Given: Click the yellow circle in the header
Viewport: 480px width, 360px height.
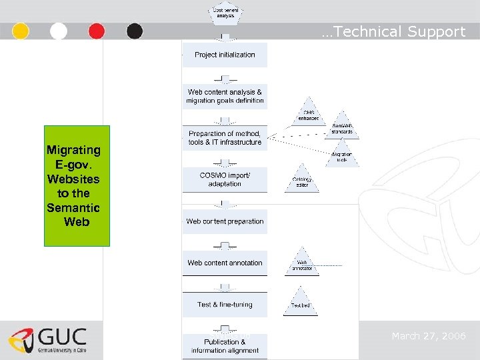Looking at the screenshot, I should [21, 31].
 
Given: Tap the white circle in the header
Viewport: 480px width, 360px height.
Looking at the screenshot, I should [59, 31].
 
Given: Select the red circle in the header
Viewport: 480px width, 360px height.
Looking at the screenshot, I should [97, 31].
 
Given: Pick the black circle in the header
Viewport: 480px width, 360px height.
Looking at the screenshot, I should [135, 31].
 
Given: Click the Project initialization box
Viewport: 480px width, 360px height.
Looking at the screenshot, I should [225, 55].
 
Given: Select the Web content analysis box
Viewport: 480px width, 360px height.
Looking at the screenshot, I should [225, 96].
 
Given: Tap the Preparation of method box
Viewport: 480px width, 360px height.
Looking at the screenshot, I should [225, 138].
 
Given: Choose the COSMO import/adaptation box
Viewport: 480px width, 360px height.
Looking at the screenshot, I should [225, 179].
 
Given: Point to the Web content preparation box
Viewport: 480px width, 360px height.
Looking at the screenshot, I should [225, 221].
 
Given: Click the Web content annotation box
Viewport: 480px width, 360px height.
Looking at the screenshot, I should [225, 263].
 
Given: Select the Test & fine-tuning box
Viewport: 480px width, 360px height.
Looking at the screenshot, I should [225, 305].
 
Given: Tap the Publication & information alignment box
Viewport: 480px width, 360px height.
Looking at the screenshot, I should [225, 346].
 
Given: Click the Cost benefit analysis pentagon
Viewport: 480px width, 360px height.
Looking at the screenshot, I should [226, 13].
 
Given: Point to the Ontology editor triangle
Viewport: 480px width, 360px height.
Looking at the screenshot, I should [302, 181].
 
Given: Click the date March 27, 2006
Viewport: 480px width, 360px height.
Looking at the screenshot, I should [429, 336].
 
